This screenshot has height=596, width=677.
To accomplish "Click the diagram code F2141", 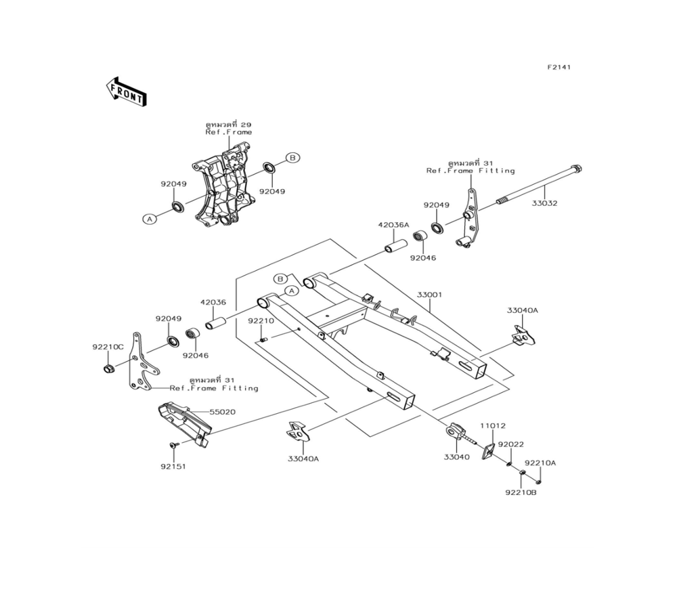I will tap(560, 68).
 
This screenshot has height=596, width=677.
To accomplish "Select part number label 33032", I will tap(544, 203).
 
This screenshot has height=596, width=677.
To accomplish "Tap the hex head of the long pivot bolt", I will tap(577, 169).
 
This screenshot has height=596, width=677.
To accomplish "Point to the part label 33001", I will tap(429, 295).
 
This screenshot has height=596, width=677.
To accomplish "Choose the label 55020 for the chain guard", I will tap(222, 412).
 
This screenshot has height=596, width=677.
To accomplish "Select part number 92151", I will tap(173, 467).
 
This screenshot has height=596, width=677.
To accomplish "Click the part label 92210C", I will tap(108, 347).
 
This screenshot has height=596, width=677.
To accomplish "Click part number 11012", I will tap(493, 426).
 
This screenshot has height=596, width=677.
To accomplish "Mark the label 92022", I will tap(511, 445).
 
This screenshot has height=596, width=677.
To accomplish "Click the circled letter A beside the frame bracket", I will tap(150, 218).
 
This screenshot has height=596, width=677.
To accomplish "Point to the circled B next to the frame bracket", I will tap(291, 158).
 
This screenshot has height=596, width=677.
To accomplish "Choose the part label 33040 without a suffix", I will tap(456, 458).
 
